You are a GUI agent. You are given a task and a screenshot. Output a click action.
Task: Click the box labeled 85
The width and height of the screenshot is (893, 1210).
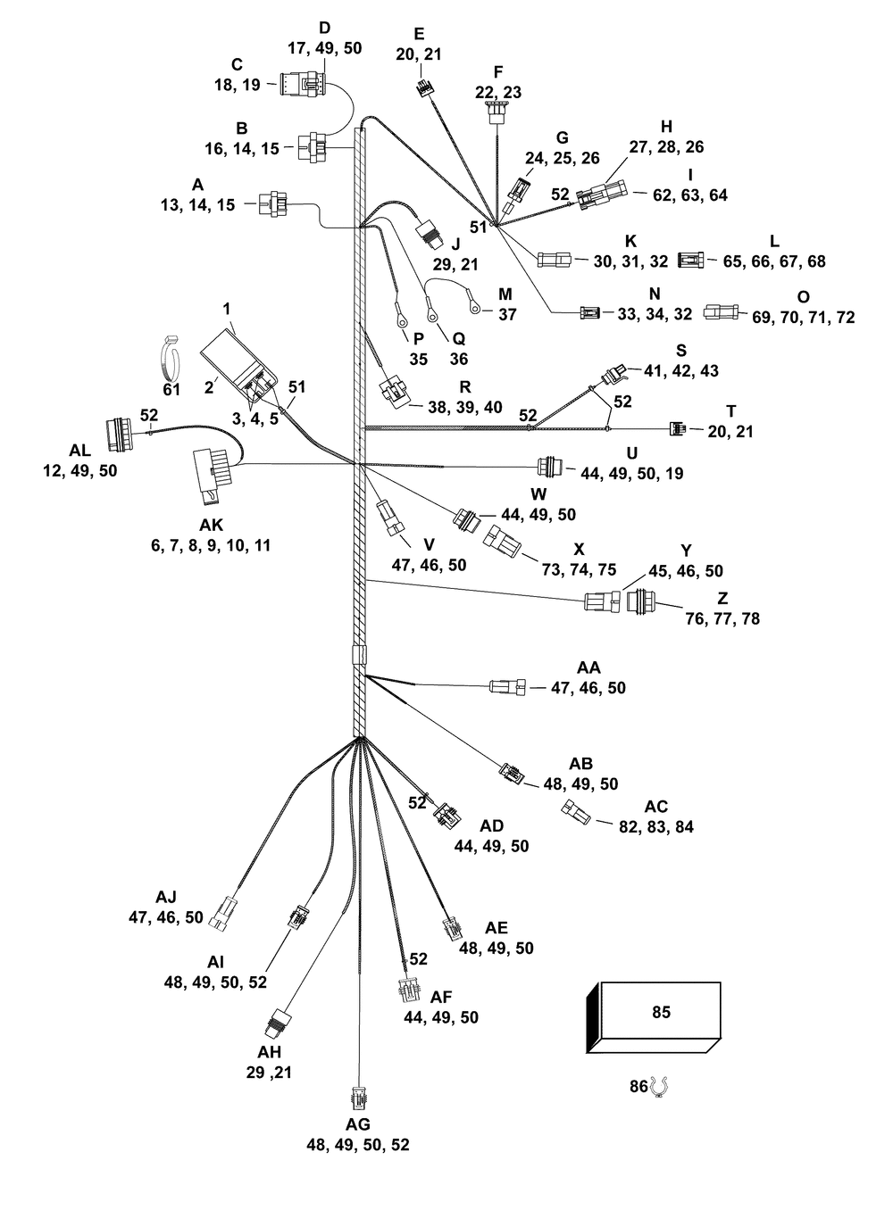(658, 1017)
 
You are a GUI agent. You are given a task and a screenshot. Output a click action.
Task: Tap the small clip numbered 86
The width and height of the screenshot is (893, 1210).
(661, 1087)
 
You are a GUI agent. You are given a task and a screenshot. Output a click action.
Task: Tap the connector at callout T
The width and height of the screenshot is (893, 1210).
(679, 429)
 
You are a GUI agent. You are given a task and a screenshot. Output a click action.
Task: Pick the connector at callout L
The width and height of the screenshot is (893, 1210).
(691, 261)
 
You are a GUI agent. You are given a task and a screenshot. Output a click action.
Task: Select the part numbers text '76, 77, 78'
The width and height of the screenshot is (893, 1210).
(722, 618)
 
